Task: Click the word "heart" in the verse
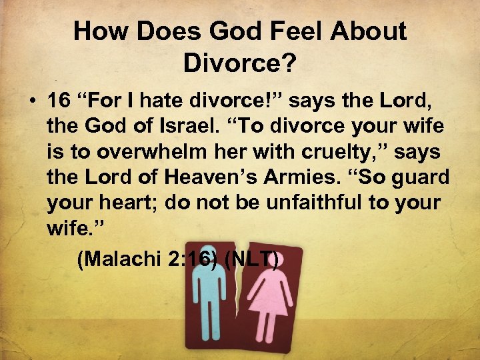tap(131, 202)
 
